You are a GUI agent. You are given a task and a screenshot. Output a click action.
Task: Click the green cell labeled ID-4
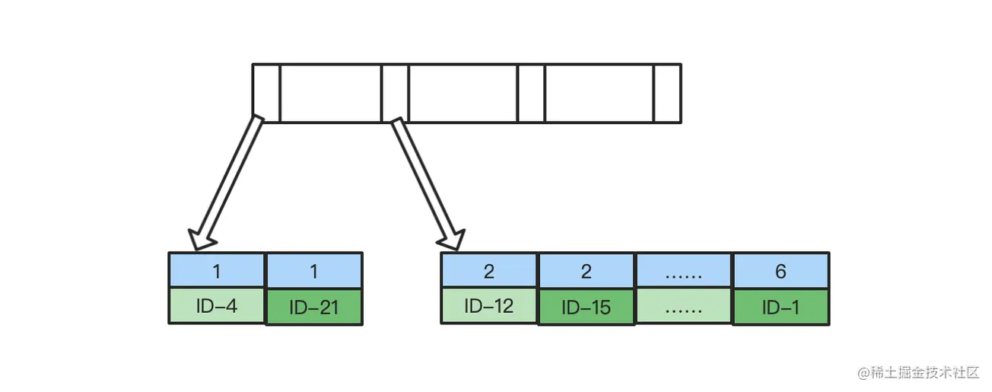tap(217, 306)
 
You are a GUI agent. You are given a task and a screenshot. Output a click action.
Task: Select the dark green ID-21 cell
tap(314, 308)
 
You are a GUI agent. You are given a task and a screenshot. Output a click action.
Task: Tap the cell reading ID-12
tap(489, 306)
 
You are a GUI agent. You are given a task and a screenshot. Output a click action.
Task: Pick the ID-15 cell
tap(586, 308)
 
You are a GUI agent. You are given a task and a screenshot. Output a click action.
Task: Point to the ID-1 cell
tap(781, 308)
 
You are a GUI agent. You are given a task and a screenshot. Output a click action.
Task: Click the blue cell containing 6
tap(781, 272)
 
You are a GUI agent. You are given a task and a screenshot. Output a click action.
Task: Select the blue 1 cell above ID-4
tap(217, 271)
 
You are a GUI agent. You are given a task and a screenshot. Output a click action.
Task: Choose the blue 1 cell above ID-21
tap(314, 272)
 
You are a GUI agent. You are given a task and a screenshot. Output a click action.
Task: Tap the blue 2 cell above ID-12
tap(489, 271)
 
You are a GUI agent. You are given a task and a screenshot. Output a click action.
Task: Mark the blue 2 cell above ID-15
tap(586, 272)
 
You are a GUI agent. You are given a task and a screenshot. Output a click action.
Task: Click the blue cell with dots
tap(683, 272)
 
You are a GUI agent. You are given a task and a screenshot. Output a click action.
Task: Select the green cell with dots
tap(683, 307)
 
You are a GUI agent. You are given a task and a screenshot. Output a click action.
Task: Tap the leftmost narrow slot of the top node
tap(266, 93)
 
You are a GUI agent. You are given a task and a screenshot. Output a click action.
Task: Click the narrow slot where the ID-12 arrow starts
tap(395, 93)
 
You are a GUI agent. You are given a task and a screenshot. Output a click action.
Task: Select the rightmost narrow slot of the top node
tap(667, 93)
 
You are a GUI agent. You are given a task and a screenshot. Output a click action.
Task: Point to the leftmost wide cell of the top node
tap(330, 93)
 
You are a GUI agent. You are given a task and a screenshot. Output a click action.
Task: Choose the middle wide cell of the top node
tap(463, 93)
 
